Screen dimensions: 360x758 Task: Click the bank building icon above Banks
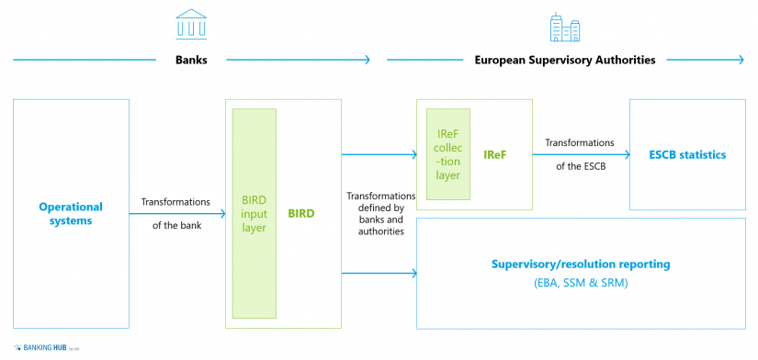[x=191, y=25]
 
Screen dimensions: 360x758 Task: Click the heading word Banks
[x=190, y=60]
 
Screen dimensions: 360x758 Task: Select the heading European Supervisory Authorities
[x=564, y=60]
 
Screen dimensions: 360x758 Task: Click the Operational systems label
[x=71, y=213]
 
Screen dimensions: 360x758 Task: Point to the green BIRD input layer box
[x=255, y=213]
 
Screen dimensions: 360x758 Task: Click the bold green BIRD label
[x=300, y=213]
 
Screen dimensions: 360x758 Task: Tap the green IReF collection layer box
[x=448, y=154]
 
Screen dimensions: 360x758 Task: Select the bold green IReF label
[x=495, y=154]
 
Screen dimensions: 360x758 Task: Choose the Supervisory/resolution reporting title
[x=580, y=264]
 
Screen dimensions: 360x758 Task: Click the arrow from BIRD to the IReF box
[x=379, y=154]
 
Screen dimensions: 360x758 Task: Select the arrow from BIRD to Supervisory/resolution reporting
[x=379, y=273]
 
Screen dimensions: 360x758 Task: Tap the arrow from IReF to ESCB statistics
[x=581, y=154]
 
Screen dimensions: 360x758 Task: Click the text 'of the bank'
[x=175, y=225]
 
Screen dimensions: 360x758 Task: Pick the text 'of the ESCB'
[x=580, y=166]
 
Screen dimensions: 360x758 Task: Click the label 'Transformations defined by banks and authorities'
[x=380, y=213]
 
